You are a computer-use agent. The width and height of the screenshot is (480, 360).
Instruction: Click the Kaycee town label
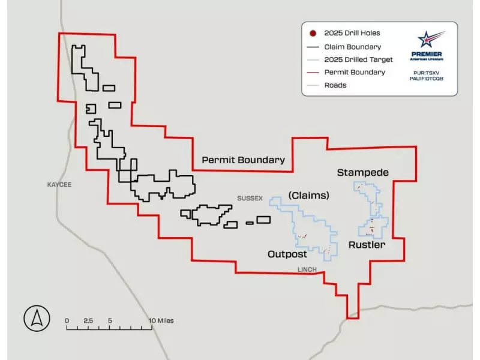(59, 185)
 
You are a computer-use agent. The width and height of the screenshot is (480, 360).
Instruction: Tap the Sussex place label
(250, 198)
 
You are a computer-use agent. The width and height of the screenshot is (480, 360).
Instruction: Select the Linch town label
(307, 269)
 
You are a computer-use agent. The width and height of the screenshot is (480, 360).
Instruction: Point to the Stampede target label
(362, 173)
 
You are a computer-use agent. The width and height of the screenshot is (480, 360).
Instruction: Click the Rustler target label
(367, 245)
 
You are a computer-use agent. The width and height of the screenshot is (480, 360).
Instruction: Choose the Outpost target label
(287, 254)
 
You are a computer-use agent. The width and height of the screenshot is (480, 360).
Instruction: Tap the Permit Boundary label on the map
(243, 160)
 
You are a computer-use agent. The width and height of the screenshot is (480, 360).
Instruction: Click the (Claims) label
(308, 196)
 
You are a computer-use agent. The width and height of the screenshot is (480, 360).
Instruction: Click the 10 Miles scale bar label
(161, 321)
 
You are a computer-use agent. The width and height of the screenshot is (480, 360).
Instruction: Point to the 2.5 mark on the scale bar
(88, 321)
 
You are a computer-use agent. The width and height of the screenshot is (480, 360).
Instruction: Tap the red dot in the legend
(313, 34)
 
